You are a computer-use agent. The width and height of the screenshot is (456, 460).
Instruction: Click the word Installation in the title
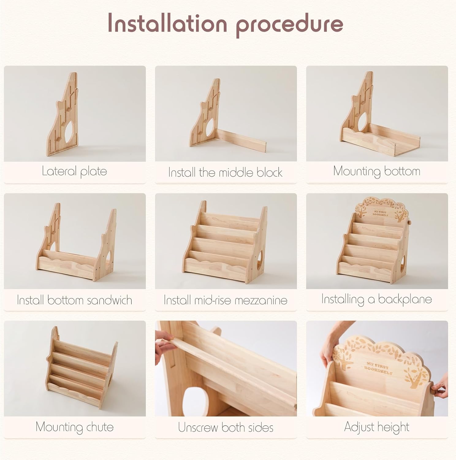(167, 23)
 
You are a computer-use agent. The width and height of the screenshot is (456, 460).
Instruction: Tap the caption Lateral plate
(74, 171)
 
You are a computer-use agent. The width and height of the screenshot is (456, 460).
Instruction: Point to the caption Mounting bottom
(377, 171)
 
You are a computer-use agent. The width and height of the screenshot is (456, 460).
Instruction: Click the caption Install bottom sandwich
(74, 300)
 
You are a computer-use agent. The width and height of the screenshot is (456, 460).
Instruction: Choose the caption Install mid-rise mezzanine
(225, 300)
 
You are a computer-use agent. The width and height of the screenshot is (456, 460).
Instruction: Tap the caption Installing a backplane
(377, 299)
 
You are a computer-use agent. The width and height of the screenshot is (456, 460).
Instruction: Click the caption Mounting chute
(74, 427)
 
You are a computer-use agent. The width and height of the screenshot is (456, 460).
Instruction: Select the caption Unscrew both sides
(226, 427)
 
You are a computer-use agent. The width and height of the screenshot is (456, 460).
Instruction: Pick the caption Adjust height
(377, 427)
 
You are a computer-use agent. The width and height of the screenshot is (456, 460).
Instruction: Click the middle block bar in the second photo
(242, 139)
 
